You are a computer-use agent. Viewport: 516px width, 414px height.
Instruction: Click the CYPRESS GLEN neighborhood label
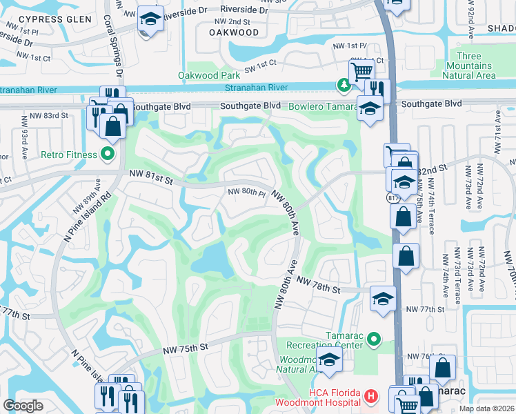61,19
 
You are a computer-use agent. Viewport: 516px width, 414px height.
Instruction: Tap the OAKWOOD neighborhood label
233,32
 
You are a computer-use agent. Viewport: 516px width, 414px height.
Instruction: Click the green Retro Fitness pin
107,154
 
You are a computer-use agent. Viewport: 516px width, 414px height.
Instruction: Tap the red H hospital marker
371,396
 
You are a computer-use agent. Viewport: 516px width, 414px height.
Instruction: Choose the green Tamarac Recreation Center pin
374,338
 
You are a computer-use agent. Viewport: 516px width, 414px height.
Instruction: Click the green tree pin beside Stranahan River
343,85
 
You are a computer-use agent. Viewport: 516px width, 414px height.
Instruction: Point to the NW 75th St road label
186,350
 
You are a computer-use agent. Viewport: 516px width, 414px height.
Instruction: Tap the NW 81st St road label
148,179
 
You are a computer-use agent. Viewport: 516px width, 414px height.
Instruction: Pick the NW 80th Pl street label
246,193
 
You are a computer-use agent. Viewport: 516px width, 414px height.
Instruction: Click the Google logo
23,406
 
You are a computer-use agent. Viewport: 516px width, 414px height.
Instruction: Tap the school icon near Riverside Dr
150,19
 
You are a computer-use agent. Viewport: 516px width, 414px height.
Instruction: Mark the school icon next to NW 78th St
383,297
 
